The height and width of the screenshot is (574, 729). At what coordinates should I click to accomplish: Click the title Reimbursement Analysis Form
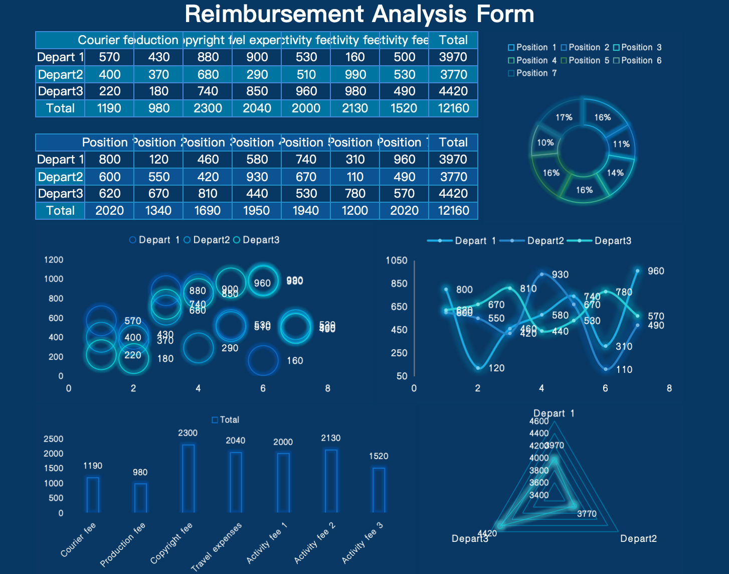(359, 14)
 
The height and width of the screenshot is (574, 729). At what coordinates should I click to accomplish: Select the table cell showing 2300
(208, 108)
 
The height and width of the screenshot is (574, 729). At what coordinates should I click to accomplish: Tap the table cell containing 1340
(158, 211)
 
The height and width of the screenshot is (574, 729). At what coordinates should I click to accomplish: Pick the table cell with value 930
(257, 177)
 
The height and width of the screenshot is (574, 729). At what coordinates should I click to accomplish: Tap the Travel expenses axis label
(217, 546)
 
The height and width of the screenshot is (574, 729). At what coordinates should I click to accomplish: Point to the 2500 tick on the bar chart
(54, 439)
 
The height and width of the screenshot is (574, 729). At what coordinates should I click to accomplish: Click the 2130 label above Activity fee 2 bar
(330, 438)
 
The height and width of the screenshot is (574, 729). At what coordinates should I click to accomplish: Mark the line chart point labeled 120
(478, 368)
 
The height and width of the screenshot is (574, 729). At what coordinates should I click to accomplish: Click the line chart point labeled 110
(606, 369)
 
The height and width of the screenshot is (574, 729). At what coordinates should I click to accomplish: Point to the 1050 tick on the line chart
(396, 260)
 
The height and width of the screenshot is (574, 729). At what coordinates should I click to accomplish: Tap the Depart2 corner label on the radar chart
(638, 539)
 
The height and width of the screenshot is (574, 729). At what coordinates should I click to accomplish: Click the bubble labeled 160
(263, 360)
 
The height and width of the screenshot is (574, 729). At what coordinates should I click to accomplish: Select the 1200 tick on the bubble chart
(54, 260)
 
